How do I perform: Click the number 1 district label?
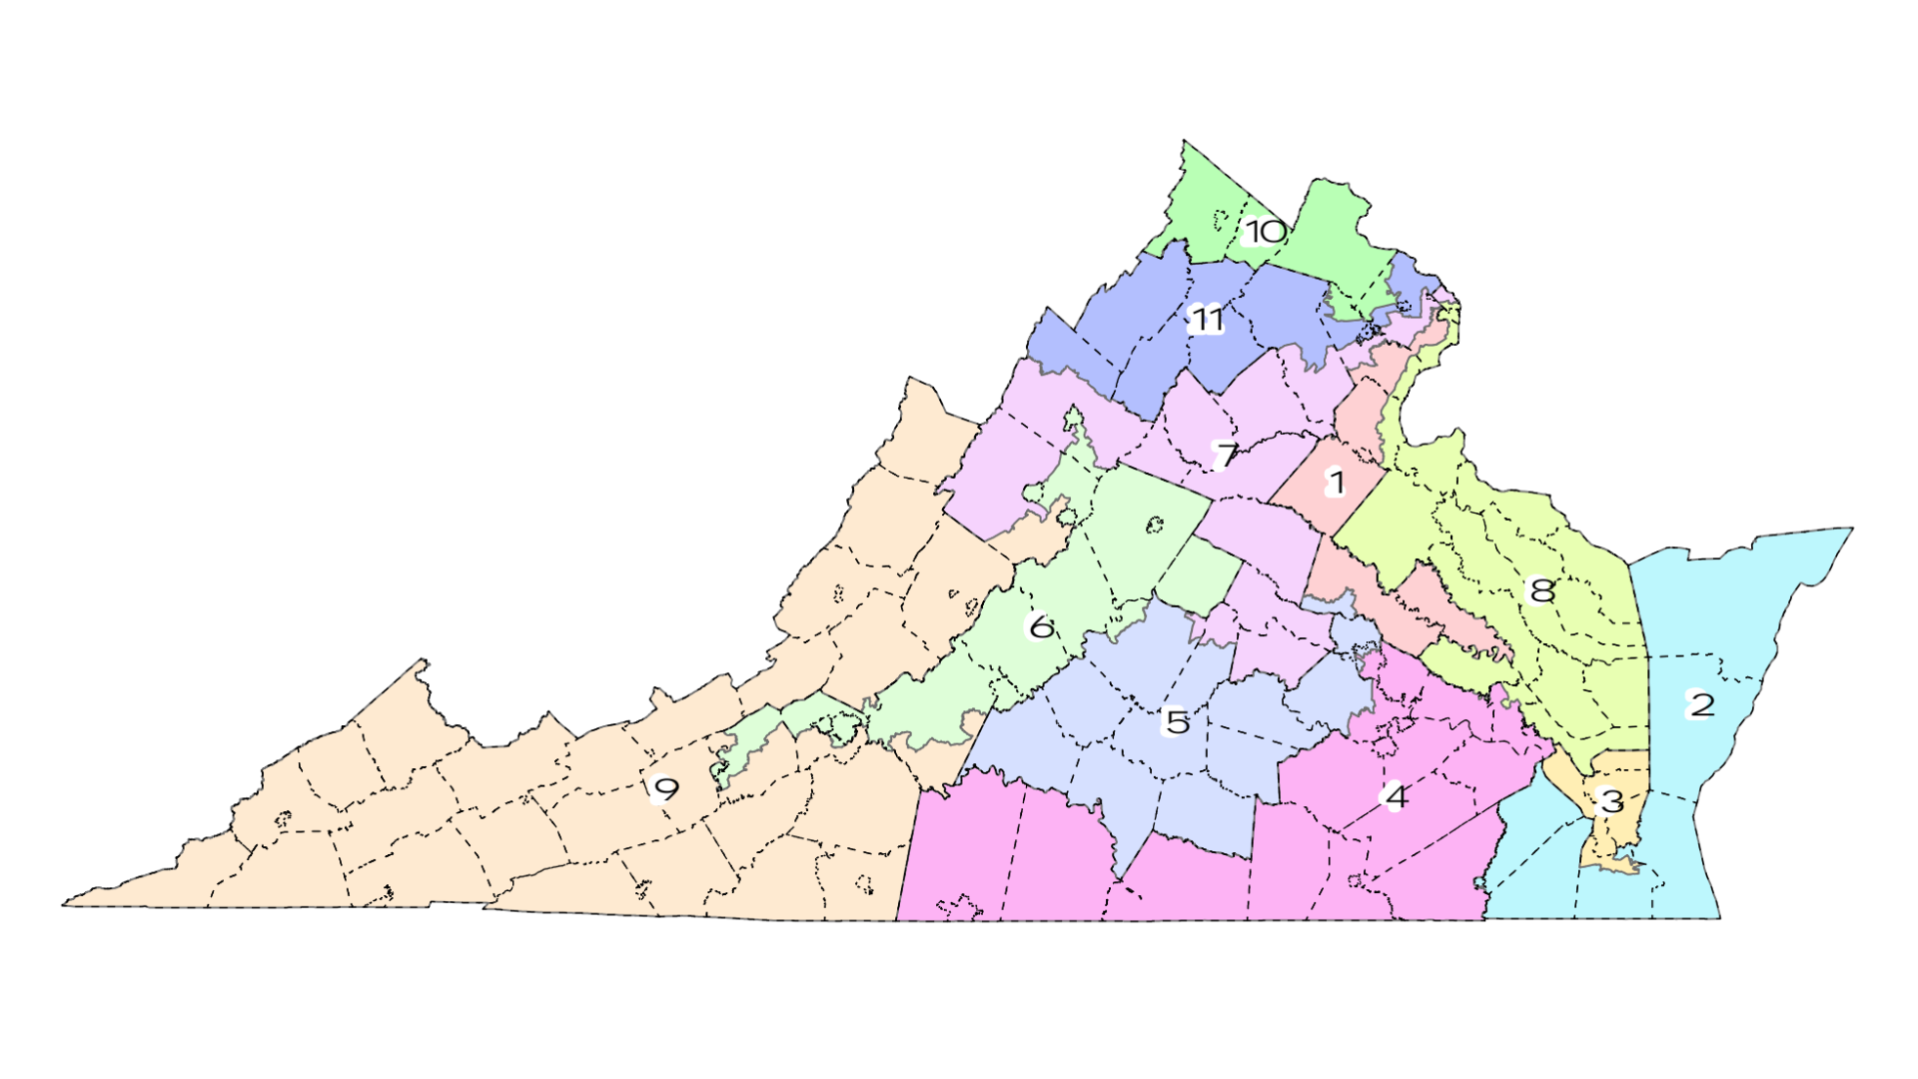(x=1335, y=484)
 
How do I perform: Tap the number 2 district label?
(x=1700, y=704)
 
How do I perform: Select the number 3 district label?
(x=1610, y=800)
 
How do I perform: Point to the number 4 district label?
(x=1395, y=796)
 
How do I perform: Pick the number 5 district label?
(x=1177, y=721)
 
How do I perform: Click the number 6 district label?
(x=1041, y=626)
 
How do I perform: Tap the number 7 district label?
(x=1225, y=455)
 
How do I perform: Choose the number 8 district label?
(x=1541, y=590)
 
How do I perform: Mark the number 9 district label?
(x=664, y=789)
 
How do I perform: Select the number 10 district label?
(x=1265, y=232)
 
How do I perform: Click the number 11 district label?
(x=1207, y=320)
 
